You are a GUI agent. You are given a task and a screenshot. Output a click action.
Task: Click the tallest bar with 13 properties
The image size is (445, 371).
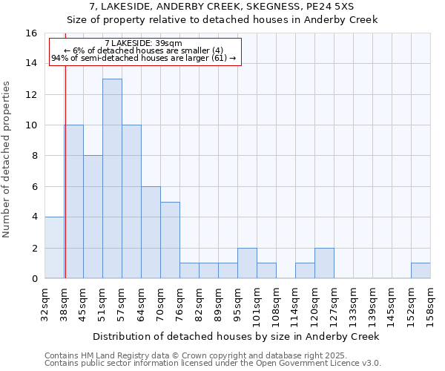pos(112,178)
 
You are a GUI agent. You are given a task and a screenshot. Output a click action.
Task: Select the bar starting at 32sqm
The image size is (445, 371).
pos(54,247)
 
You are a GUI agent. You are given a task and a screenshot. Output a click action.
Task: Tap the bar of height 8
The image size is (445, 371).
pos(93,217)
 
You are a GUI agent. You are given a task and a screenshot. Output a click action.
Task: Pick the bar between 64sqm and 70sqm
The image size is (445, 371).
pos(151,232)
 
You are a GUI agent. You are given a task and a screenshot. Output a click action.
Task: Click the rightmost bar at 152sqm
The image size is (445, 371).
pos(421,271)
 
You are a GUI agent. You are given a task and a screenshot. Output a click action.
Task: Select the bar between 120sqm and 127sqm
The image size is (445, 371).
pos(324,263)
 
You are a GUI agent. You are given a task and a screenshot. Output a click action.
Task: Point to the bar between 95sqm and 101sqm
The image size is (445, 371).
pos(247,263)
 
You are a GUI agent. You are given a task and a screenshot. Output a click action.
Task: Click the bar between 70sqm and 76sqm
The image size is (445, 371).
pos(170,240)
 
